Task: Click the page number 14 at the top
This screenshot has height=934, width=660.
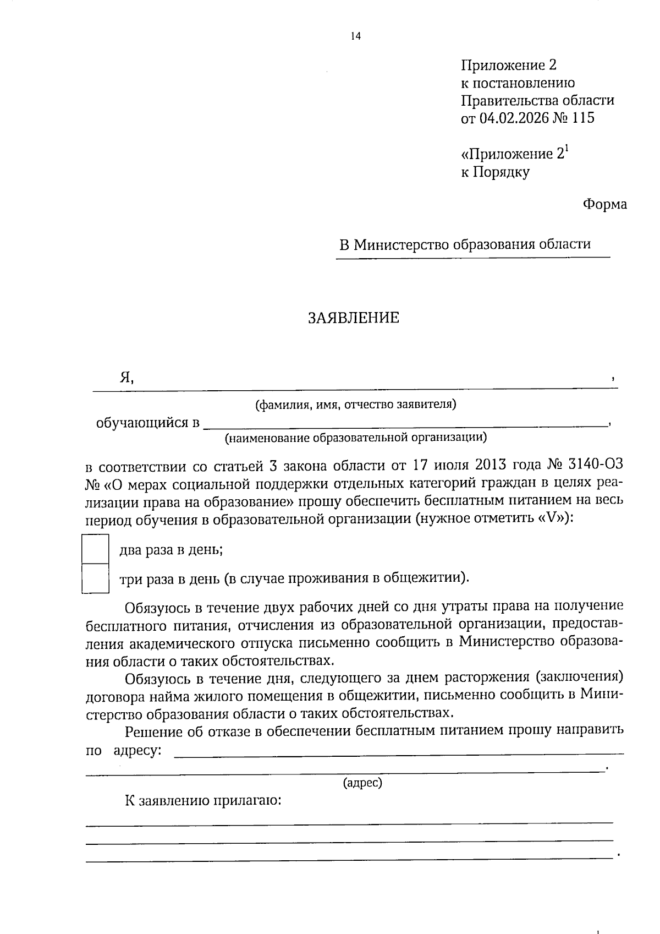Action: [355, 36]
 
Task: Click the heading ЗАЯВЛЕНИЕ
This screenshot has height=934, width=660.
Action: [354, 318]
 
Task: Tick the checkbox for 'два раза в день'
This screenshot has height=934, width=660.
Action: [95, 549]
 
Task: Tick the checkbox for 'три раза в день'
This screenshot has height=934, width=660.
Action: [95, 578]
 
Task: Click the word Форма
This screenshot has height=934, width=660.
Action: [604, 204]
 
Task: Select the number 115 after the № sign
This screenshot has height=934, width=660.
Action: [583, 118]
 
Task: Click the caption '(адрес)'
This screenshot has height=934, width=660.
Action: [362, 782]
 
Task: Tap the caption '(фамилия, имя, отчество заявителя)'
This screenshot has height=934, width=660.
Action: [356, 405]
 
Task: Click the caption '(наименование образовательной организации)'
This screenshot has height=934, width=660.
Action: [356, 438]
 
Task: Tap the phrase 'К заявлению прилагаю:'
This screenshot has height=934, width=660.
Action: [203, 800]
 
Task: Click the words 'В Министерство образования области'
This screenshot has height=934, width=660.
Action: [465, 244]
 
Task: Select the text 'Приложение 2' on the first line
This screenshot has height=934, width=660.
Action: [509, 65]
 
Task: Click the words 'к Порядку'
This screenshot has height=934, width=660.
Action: [495, 172]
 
